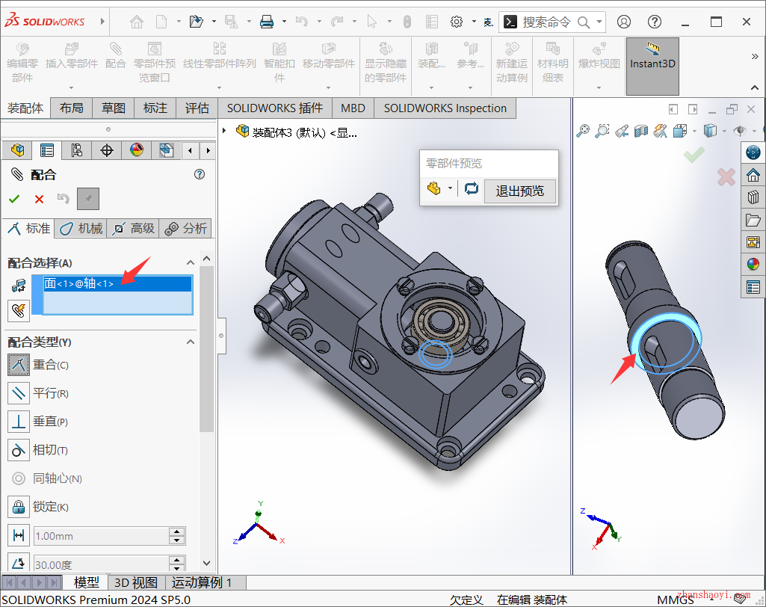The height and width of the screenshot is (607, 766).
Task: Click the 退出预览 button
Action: pos(519,191)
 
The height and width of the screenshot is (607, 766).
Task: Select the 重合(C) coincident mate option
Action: pos(49,365)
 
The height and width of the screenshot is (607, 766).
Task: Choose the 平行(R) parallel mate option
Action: pos(49,393)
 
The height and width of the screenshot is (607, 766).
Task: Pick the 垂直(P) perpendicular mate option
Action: pos(49,422)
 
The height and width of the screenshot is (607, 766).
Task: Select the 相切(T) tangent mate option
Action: pos(49,450)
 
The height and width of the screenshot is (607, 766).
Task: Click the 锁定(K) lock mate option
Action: pos(49,507)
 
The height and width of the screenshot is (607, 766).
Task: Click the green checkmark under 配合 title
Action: pos(14,199)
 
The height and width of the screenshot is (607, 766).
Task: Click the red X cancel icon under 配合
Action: pos(39,199)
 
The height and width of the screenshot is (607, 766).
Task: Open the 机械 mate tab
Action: pos(81,229)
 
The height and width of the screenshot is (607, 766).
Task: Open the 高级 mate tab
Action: pos(134,229)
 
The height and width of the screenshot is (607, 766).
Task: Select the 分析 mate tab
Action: pos(186,229)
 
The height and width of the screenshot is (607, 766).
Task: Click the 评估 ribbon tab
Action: pos(197,108)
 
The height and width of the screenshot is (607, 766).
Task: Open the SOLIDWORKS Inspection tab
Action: pos(445,108)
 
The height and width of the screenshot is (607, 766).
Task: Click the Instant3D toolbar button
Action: pos(652,64)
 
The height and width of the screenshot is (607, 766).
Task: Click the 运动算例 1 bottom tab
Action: pos(202,582)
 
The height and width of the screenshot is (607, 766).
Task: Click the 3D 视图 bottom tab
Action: pos(135,582)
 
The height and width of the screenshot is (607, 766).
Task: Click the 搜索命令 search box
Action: pos(546,22)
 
